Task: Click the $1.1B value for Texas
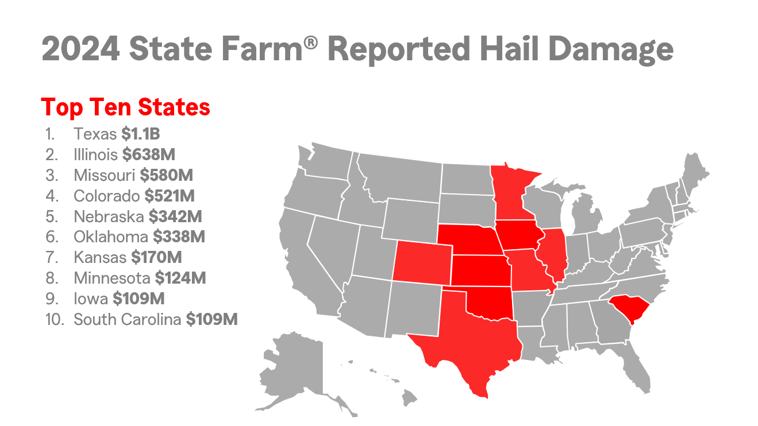pos(140,134)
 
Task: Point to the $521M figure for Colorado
pos(170,196)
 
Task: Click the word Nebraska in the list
pos(109,216)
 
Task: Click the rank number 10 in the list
pos(53,319)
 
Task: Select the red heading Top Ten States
pos(126,107)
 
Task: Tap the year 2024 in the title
pos(80,50)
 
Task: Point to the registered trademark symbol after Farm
pos(310,43)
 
